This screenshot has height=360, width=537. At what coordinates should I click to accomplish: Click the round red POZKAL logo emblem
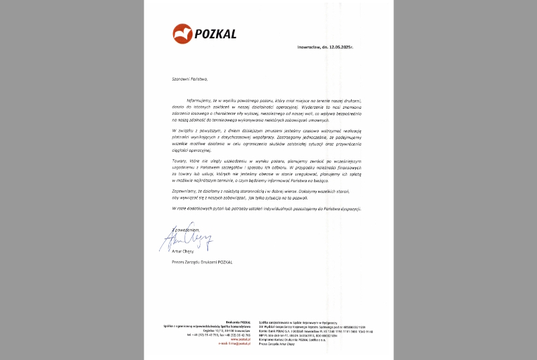(x=182, y=33)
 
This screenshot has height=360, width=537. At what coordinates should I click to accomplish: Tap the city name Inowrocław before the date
(x=311, y=48)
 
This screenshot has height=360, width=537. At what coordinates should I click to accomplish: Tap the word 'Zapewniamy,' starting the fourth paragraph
(x=184, y=191)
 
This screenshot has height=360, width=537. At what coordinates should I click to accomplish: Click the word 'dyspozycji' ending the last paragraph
(x=349, y=209)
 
